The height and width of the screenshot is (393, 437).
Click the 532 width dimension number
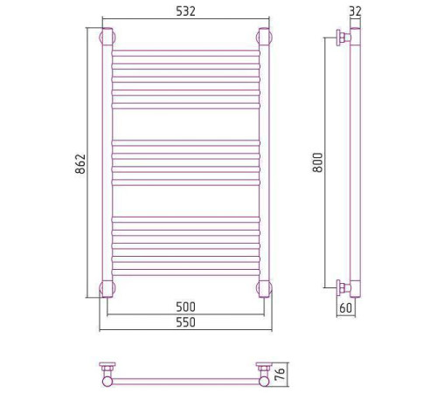pyautogui.click(x=185, y=11)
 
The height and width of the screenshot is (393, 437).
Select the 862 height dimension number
pyautogui.click(x=80, y=164)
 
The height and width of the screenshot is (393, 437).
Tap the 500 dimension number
pyautogui.click(x=185, y=307)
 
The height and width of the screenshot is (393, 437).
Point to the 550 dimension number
pyautogui.click(x=185, y=322)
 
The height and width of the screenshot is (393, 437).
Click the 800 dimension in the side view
pyautogui.click(x=318, y=162)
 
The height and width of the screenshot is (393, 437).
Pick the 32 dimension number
pyautogui.click(x=355, y=11)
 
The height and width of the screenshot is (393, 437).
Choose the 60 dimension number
pyautogui.click(x=346, y=308)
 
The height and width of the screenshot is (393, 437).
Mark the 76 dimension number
pyautogui.click(x=280, y=374)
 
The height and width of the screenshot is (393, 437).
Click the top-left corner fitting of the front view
pyautogui.click(x=108, y=37)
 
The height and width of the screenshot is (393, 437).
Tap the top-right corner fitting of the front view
pyautogui.click(x=264, y=37)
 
